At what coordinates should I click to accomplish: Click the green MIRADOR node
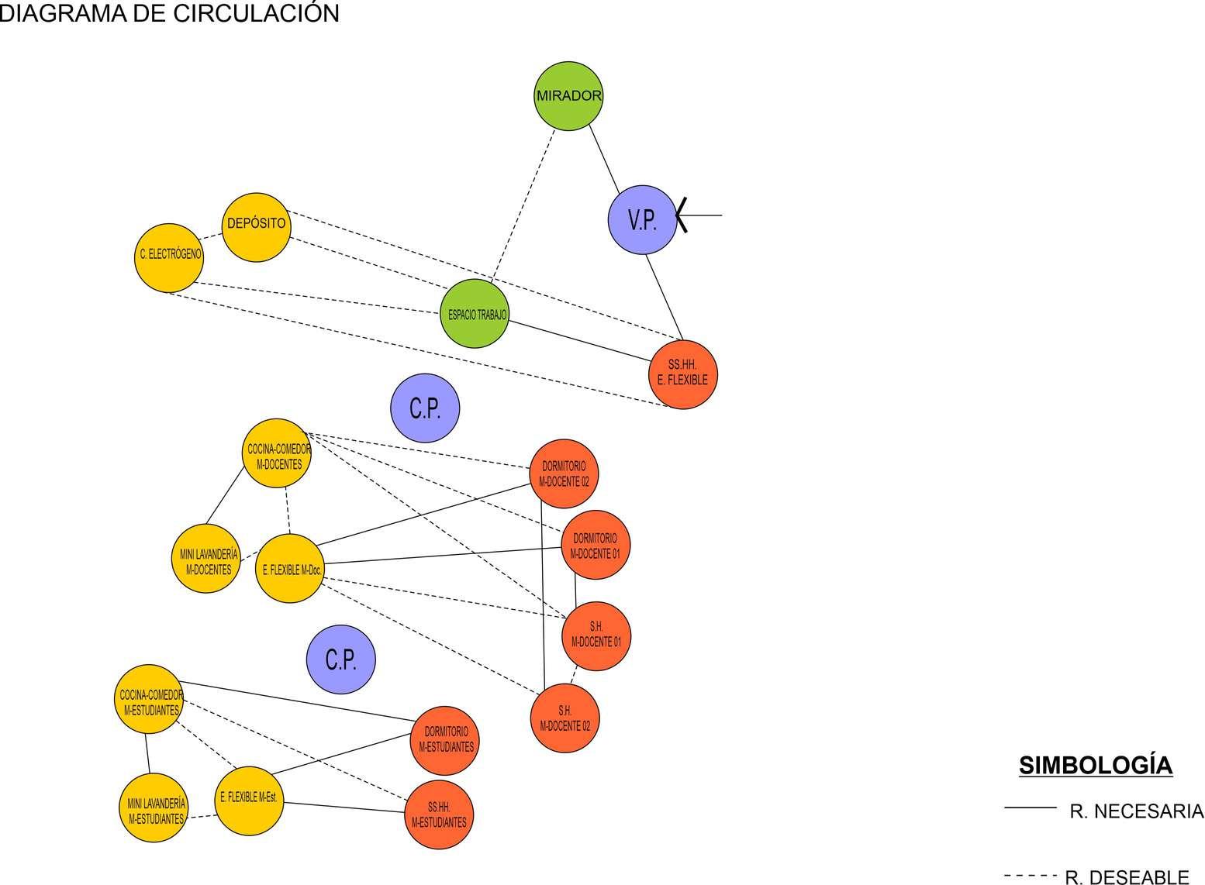(568, 96)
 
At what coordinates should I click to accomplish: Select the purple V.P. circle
(642, 219)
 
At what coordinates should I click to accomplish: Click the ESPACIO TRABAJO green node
(475, 314)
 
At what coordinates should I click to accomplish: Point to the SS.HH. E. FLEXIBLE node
(682, 374)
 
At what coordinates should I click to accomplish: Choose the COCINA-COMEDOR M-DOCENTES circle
(277, 454)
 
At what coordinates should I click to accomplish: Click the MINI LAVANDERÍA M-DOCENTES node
(205, 559)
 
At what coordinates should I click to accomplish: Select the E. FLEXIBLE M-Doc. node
(289, 569)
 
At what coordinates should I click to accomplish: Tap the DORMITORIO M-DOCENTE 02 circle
(564, 473)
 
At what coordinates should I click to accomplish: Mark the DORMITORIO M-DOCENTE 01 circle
(595, 545)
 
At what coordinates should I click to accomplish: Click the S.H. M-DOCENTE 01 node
(596, 636)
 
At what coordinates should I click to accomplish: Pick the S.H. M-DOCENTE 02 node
(565, 718)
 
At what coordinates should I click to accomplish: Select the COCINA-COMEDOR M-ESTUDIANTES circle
(150, 699)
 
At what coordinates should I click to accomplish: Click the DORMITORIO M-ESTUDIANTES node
(444, 740)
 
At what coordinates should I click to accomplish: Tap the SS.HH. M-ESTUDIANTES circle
(439, 815)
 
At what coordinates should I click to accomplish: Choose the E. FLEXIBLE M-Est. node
(249, 801)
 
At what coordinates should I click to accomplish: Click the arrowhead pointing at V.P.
(680, 215)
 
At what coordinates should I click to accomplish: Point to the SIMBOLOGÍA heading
(1095, 765)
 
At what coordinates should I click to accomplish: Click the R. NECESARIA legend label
(1136, 811)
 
